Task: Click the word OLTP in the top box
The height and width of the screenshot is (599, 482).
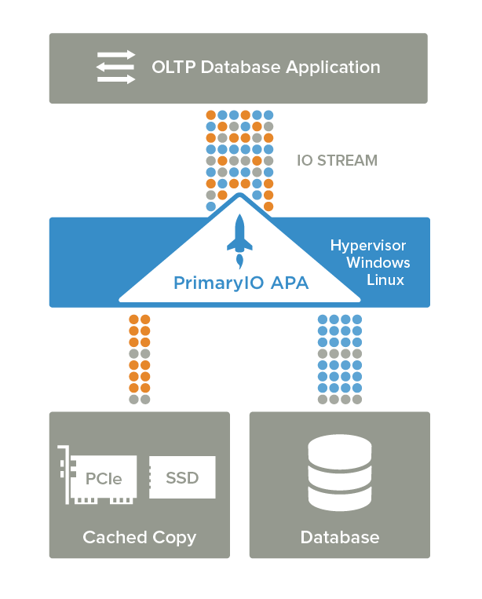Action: point(173,68)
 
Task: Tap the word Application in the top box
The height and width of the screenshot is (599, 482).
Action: point(333,68)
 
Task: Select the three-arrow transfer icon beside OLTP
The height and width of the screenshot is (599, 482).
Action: point(115,68)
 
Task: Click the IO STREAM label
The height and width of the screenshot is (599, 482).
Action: point(338,160)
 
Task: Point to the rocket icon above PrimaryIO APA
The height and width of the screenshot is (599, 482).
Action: point(239,241)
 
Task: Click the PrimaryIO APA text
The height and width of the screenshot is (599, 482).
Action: point(241,283)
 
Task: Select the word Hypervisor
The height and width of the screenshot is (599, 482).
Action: point(368,246)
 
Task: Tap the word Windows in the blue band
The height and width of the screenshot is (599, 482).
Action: point(378,262)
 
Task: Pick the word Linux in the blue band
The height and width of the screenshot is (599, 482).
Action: point(385,280)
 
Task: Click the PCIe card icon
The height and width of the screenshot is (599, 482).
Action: point(97,475)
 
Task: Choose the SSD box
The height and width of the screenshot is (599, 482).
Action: point(182,477)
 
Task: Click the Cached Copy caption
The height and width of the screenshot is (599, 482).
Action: point(140,538)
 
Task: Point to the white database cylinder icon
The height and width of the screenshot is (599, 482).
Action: point(340,473)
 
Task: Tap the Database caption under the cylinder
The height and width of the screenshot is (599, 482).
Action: point(340,538)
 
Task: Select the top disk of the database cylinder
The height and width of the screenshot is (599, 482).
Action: point(340,450)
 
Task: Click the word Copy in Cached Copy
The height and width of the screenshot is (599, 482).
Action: point(174,539)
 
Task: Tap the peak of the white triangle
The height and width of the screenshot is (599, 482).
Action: point(239,194)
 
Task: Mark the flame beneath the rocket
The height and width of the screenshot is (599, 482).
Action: point(240,261)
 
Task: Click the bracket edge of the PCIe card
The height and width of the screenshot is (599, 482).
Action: point(68,475)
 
